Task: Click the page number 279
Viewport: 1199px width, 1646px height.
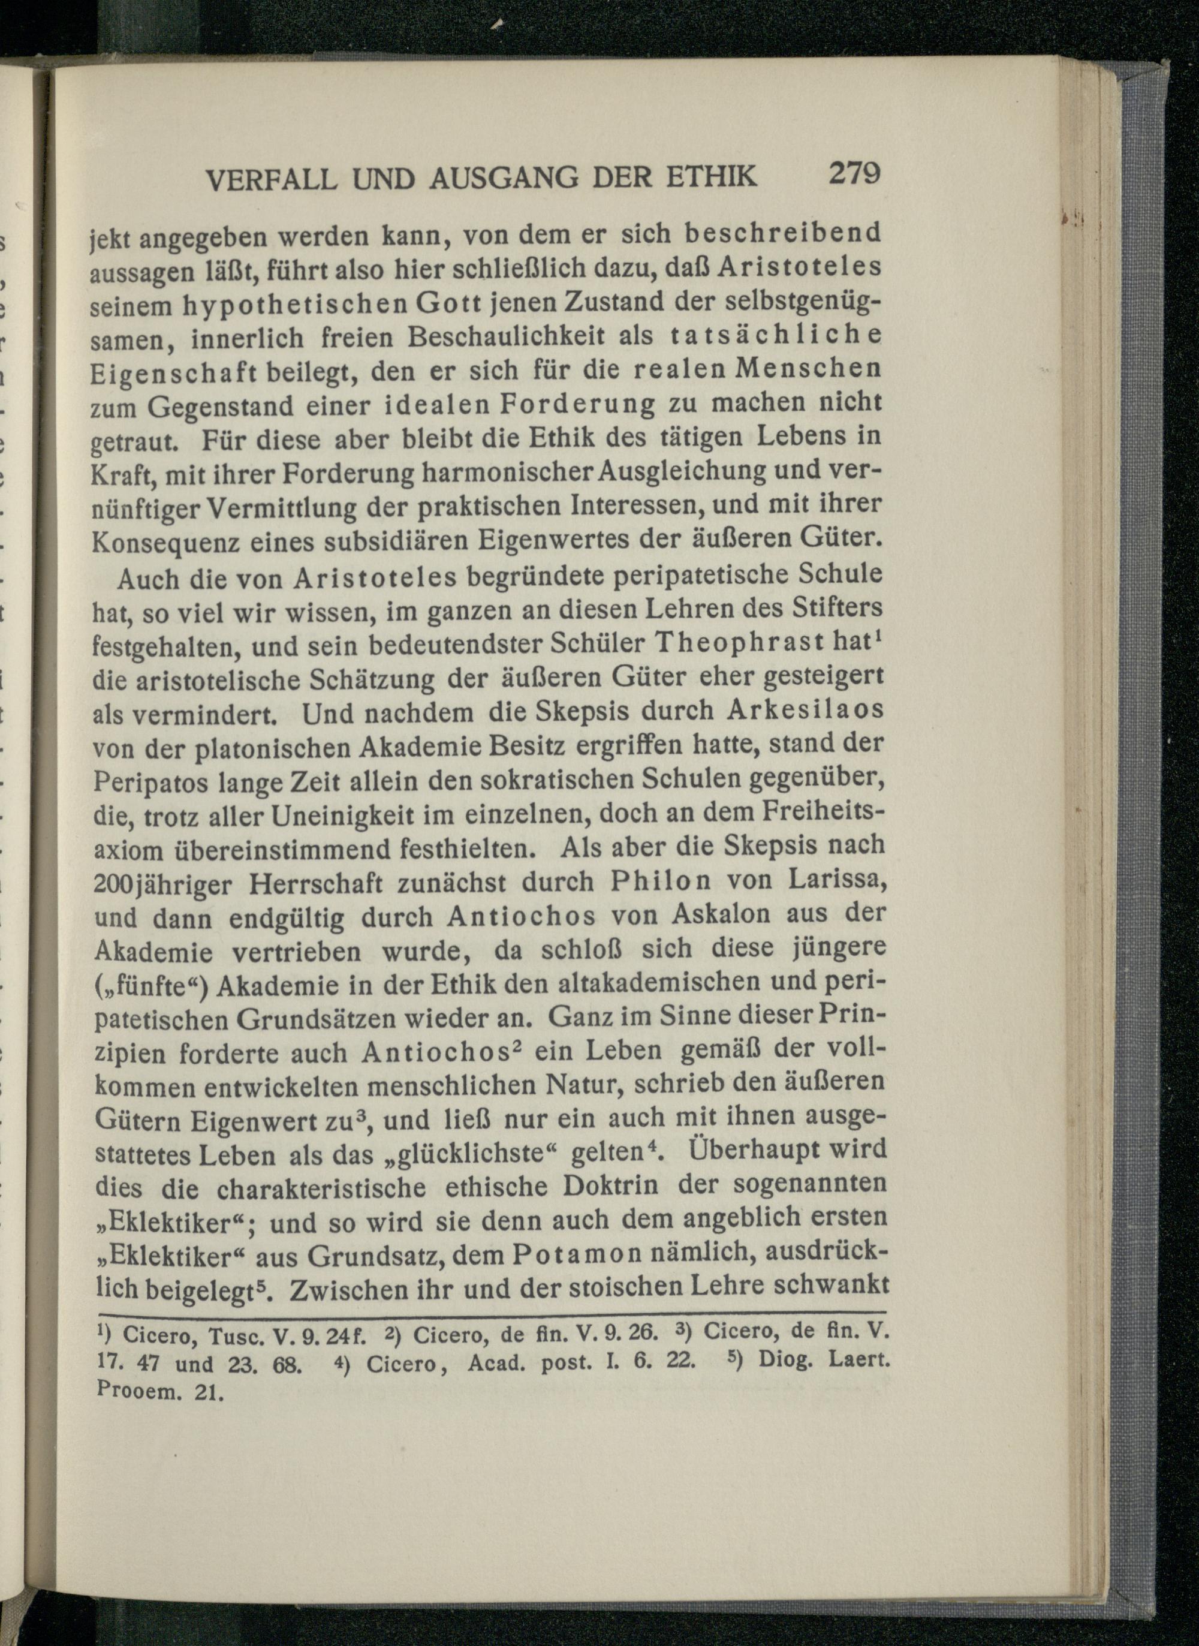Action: [854, 174]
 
